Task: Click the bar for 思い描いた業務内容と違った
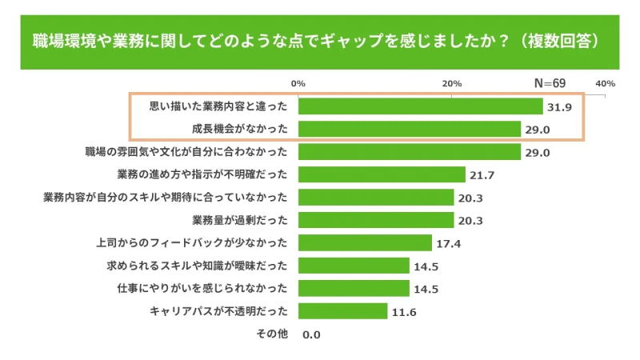coord(420,106)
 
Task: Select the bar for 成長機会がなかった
coord(410,129)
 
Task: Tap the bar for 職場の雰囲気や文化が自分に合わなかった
coord(410,152)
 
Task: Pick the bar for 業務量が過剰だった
coord(376,220)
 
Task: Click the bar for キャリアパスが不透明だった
coord(342,311)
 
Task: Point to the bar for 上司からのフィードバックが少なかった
coord(365,242)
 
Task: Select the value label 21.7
coord(482,175)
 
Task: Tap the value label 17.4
coord(449,243)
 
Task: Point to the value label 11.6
coord(404,311)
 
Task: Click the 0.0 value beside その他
coord(311,334)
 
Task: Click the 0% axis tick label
coord(298,83)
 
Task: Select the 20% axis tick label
coord(452,83)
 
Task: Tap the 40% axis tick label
coord(605,83)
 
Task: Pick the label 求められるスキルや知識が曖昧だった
coord(197,266)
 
